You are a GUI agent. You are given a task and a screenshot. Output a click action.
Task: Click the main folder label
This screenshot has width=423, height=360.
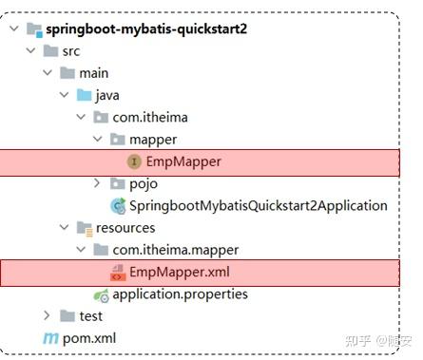pyautogui.click(x=94, y=72)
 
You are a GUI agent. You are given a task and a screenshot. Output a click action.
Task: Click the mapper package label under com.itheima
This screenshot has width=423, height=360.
pyautogui.click(x=153, y=139)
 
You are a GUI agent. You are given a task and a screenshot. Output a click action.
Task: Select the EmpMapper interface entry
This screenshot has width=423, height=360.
pyautogui.click(x=183, y=161)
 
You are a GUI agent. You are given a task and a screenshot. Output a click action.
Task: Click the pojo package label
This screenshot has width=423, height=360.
pyautogui.click(x=144, y=183)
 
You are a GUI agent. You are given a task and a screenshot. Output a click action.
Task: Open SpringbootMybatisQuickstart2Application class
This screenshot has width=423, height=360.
pyautogui.click(x=258, y=205)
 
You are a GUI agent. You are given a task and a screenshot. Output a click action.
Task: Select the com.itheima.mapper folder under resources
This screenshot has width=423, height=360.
pyautogui.click(x=175, y=250)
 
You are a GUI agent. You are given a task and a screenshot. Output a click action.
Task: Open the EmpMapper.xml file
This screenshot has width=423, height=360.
pyautogui.click(x=180, y=273)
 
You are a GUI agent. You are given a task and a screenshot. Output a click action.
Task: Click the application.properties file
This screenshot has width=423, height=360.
pyautogui.click(x=180, y=294)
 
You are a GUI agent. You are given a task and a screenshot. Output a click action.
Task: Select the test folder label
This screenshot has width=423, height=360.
pyautogui.click(x=89, y=315)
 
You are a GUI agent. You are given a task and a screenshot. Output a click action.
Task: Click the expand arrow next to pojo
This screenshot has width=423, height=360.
pyautogui.click(x=98, y=183)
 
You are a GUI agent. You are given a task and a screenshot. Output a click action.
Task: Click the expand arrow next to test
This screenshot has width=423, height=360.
pyautogui.click(x=46, y=315)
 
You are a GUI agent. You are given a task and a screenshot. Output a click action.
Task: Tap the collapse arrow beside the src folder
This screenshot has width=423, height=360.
pyautogui.click(x=29, y=50)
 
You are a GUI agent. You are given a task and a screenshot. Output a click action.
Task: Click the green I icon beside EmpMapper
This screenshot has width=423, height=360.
pyautogui.click(x=134, y=161)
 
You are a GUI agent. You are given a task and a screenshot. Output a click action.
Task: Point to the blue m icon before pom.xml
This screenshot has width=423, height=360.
pyautogui.click(x=49, y=338)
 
